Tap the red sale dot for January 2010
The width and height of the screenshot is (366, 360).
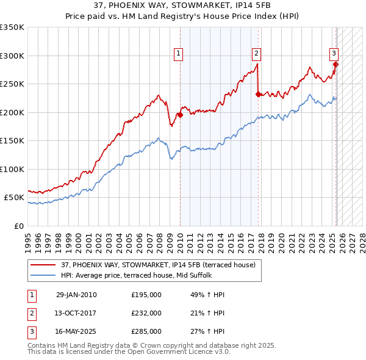(x=181, y=114)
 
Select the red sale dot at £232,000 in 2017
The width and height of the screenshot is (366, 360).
(x=259, y=93)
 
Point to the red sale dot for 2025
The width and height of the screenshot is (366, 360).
(x=336, y=64)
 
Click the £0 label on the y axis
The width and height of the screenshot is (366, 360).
(x=19, y=226)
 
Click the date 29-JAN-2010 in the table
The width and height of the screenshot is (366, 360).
(x=76, y=295)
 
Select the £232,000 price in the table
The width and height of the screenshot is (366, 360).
(x=146, y=313)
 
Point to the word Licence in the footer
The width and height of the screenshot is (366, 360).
(x=178, y=352)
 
